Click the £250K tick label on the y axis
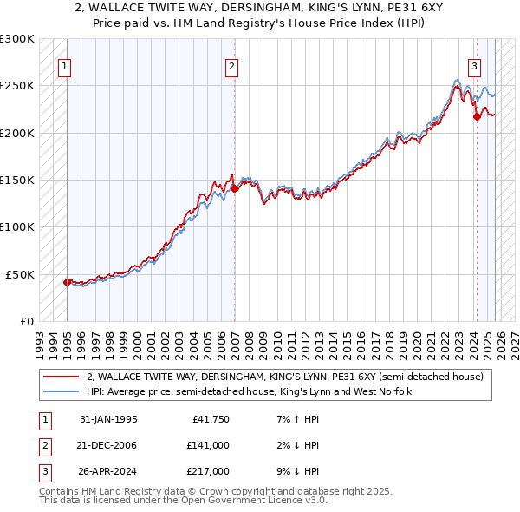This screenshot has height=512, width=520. pos(17,86)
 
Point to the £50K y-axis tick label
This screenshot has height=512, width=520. pos(20,274)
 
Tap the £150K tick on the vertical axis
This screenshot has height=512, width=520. pos(17,181)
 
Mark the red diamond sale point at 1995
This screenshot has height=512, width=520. pos(68,282)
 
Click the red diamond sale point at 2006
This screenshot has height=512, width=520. pos(234,188)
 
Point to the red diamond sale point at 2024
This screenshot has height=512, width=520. pos(476,117)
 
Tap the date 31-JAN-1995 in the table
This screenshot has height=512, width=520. pos(108,419)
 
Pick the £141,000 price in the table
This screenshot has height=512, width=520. pos(208,445)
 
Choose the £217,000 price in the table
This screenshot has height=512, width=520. pos(208,471)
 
